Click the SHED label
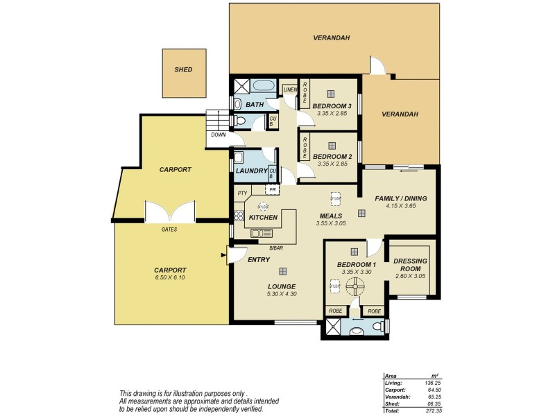(x=184, y=70)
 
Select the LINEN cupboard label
(x=290, y=89)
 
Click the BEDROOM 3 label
(x=333, y=105)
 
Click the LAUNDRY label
(x=251, y=171)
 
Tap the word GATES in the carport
(x=169, y=229)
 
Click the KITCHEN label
(x=263, y=218)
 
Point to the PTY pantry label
(x=242, y=193)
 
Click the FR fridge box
(x=273, y=189)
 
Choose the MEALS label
(x=330, y=216)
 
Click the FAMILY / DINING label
(x=401, y=199)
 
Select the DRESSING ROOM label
(x=409, y=265)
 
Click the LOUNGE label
(x=281, y=286)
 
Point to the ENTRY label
(x=258, y=260)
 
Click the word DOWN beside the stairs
(x=218, y=135)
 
